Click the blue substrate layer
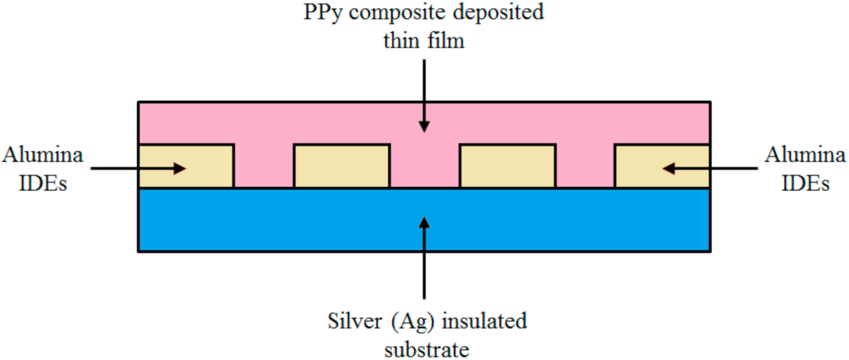[235, 220]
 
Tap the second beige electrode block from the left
[341, 166]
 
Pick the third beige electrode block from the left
[507, 166]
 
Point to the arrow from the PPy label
[423, 95]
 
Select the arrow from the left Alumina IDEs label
[138, 167]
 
